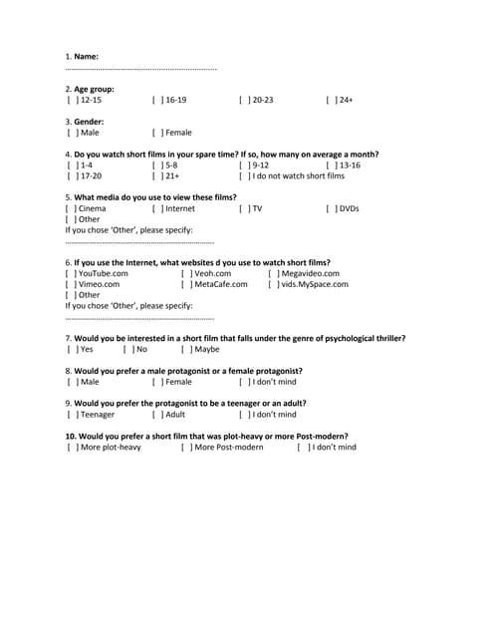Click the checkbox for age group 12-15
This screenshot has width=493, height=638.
point(72,101)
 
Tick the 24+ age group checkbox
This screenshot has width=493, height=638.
point(331,101)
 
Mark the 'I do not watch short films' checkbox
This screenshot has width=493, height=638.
point(244,176)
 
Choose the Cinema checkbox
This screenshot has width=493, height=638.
point(72,209)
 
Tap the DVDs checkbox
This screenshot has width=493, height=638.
point(331,209)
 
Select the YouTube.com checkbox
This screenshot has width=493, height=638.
point(72,273)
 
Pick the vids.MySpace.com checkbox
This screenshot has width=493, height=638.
point(273,284)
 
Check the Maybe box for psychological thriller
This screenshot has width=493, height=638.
point(186,350)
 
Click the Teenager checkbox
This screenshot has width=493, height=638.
point(72,415)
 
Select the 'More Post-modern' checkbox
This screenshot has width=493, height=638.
point(186,448)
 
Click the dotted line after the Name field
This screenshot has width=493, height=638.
point(140,70)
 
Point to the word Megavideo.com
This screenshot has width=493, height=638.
point(310,273)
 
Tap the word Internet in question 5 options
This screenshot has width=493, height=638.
point(180,209)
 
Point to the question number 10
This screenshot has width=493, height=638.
point(69,436)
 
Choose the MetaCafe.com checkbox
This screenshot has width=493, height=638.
point(186,284)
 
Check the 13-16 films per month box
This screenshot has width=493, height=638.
point(331,165)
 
